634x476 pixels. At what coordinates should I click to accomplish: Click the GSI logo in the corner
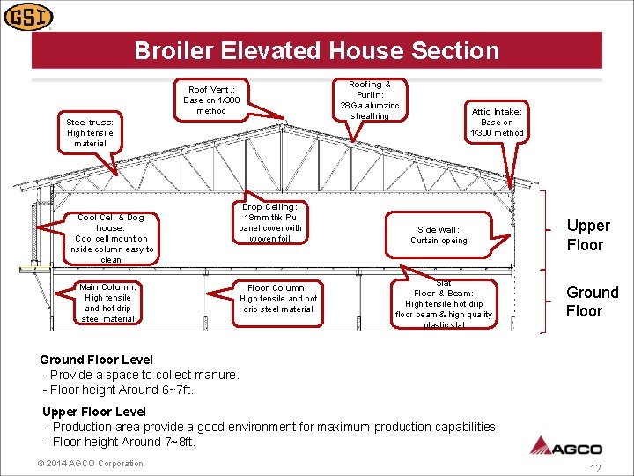(x=28, y=17)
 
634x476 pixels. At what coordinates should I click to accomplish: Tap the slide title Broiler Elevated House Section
(x=316, y=51)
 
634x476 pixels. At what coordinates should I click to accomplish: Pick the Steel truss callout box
(x=90, y=133)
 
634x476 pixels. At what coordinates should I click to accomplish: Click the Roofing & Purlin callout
(x=369, y=100)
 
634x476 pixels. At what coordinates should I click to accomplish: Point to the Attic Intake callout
(x=497, y=123)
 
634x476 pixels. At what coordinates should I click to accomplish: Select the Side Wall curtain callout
(x=439, y=234)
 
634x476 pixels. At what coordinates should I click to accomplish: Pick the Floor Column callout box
(x=277, y=299)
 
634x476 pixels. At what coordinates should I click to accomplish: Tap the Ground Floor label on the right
(x=592, y=301)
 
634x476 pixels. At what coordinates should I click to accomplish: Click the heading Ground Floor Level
(x=96, y=360)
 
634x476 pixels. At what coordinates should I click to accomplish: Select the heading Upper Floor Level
(x=94, y=412)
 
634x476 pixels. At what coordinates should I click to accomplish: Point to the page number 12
(x=595, y=469)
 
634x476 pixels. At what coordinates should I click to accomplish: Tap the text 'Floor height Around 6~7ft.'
(x=119, y=390)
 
